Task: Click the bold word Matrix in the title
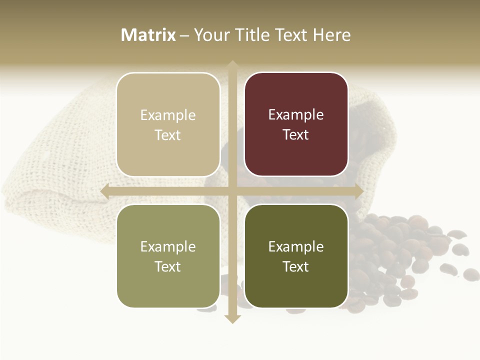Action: [x=148, y=35]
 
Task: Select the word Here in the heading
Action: [x=331, y=35]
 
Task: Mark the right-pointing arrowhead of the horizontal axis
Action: [x=358, y=191]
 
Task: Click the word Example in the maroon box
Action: [x=296, y=114]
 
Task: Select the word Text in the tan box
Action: [x=168, y=135]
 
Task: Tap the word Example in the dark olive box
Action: [x=296, y=246]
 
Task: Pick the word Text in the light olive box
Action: [x=168, y=266]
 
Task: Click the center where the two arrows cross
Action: [x=232, y=191]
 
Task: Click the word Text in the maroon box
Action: [x=296, y=134]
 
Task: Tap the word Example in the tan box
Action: [x=168, y=115]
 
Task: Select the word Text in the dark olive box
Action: [x=296, y=266]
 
